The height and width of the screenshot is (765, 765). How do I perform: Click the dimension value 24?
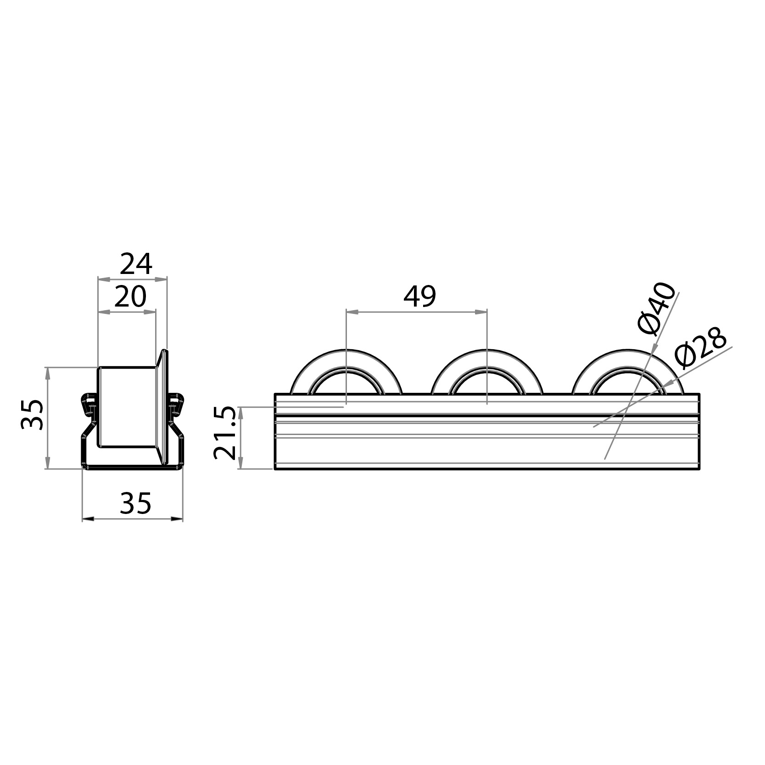(x=136, y=264)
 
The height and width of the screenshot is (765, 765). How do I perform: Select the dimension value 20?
(x=130, y=297)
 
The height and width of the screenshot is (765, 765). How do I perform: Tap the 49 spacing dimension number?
(x=419, y=296)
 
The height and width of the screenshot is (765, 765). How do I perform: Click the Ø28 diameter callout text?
(x=701, y=347)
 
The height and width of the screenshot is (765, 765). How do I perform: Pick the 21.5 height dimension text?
(x=225, y=433)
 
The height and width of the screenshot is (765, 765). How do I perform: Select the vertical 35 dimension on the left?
(x=33, y=414)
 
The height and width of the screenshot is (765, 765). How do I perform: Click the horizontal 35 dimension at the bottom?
(x=135, y=503)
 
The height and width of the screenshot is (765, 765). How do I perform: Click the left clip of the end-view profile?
(x=88, y=403)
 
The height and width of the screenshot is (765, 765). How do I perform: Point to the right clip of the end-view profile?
(x=176, y=403)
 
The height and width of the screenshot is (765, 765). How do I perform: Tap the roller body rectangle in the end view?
(x=127, y=407)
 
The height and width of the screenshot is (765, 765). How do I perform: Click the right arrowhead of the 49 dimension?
(x=481, y=312)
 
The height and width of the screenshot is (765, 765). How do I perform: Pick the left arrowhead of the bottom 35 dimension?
(x=88, y=519)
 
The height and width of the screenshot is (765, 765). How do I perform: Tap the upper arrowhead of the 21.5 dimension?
(x=241, y=412)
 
